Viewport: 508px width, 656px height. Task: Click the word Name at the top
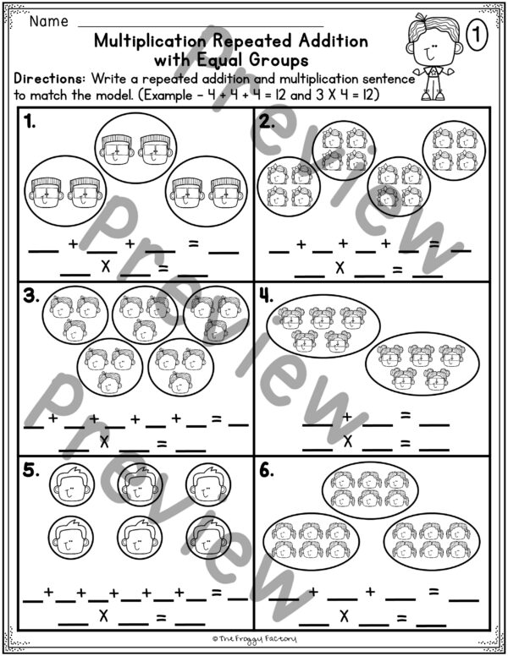49,20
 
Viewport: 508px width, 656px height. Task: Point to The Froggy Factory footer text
254,642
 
